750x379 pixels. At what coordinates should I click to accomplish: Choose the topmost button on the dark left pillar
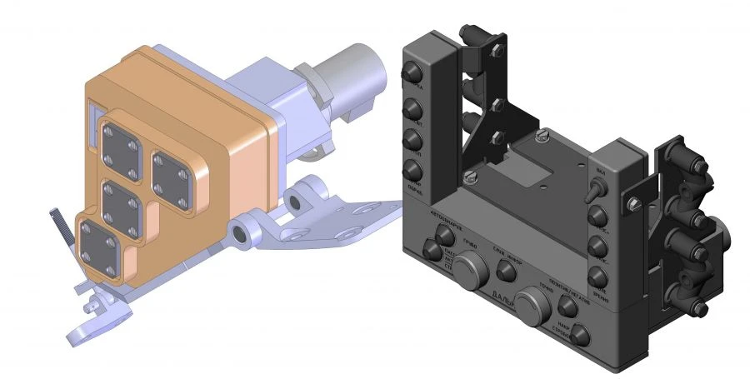coord(411,75)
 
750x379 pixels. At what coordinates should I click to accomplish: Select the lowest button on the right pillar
coord(597,277)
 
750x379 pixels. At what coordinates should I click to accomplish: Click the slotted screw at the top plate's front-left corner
coord(469,176)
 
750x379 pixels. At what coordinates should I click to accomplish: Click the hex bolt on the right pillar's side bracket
coord(635,201)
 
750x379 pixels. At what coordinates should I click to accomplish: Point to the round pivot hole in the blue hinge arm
coord(242,235)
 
